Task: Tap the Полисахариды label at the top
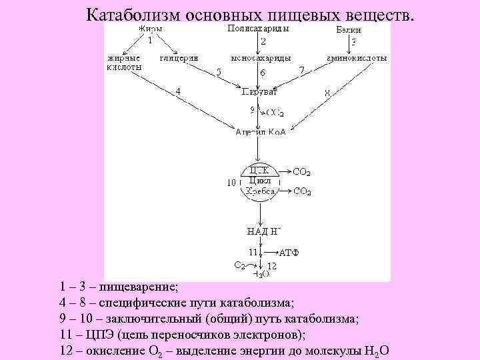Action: (258, 29)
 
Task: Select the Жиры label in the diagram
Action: (151, 29)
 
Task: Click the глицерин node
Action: (179, 58)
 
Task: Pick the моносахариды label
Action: (261, 58)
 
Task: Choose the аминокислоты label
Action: (357, 58)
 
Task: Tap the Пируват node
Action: (259, 91)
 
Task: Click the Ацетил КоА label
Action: (261, 132)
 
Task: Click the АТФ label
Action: (289, 253)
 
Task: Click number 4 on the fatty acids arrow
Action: (178, 91)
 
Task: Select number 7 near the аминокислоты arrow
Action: (302, 70)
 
